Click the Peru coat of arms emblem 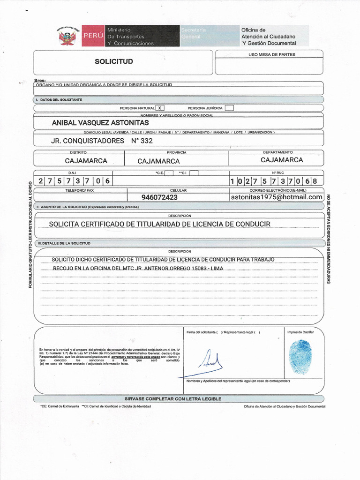pyautogui.click(x=67, y=37)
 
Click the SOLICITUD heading pyautogui.click(x=114, y=61)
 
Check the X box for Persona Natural pyautogui.click(x=160, y=108)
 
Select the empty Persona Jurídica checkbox pyautogui.click(x=229, y=108)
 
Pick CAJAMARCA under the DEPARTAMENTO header pyautogui.click(x=282, y=160)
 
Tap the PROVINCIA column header pyautogui.click(x=177, y=152)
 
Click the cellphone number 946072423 pyautogui.click(x=159, y=197)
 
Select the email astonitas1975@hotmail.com pyautogui.click(x=277, y=197)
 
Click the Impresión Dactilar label pyautogui.click(x=300, y=332)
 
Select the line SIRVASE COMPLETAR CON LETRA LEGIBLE pyautogui.click(x=172, y=399)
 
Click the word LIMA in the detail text pyautogui.click(x=216, y=269)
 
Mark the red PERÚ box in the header pyautogui.click(x=93, y=36)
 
